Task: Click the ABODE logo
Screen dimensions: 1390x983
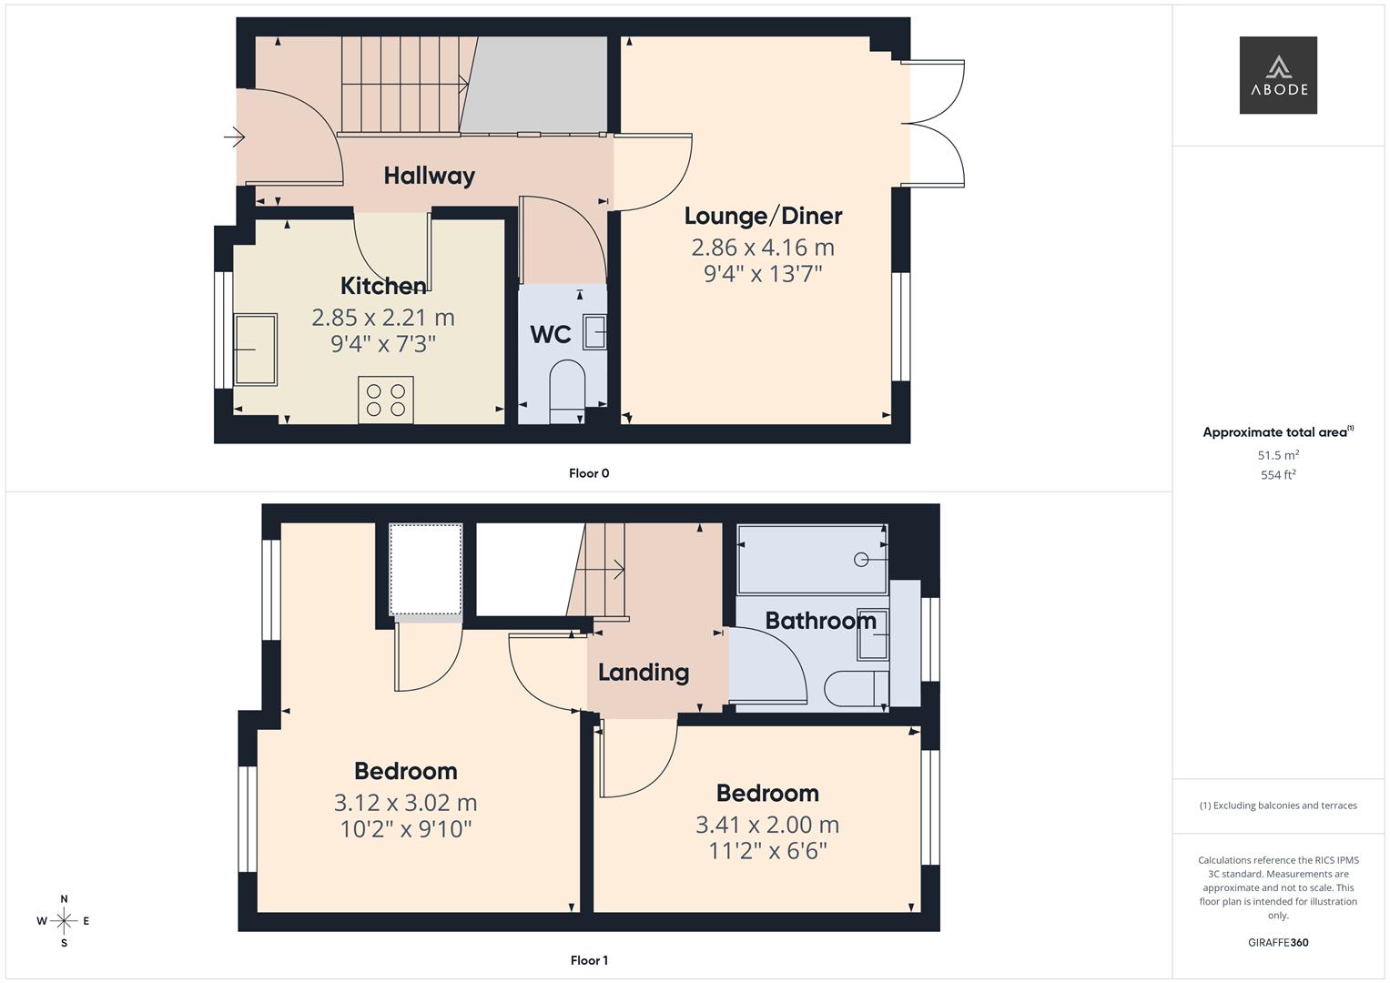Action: tap(1278, 75)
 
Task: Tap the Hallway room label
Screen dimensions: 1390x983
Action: tap(430, 176)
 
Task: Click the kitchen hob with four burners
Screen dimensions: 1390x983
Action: tap(385, 400)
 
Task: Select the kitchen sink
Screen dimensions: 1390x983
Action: tap(255, 350)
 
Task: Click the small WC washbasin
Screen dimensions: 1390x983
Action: tap(594, 332)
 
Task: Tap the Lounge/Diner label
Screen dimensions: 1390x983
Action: tap(763, 216)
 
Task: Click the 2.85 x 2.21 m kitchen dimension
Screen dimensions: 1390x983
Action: tap(383, 318)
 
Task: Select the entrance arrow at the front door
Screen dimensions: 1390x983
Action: tap(234, 137)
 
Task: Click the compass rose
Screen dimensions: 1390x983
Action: tap(64, 921)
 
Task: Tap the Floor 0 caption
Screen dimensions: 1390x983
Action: tap(589, 473)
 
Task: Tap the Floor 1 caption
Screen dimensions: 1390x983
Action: tap(589, 960)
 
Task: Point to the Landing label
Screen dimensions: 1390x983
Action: tap(644, 673)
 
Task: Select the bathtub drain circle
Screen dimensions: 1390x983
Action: tap(861, 560)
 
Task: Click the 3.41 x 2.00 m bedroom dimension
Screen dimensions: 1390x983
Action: tap(767, 825)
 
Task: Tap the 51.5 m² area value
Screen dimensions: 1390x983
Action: tap(1278, 455)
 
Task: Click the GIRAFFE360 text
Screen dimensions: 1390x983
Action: tap(1278, 942)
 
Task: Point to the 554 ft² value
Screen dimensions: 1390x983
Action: tap(1278, 475)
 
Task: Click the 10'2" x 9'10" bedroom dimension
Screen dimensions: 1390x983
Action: tap(406, 829)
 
